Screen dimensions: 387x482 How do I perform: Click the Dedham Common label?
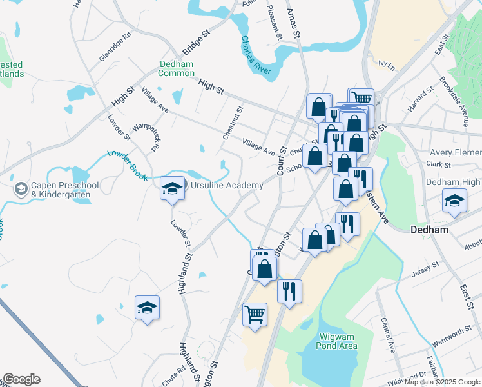(x=177, y=68)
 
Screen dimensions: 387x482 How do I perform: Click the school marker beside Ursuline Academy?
(x=172, y=188)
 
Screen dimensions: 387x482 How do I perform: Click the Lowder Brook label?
(x=128, y=164)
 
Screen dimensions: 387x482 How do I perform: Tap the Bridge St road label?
(x=197, y=41)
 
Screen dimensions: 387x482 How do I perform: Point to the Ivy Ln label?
(x=386, y=64)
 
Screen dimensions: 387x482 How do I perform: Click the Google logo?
(x=21, y=379)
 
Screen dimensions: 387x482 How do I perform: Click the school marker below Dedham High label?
(x=454, y=201)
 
